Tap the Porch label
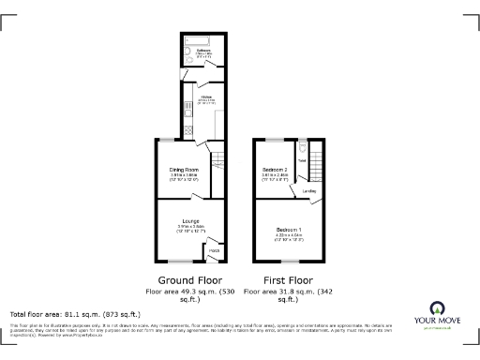[214, 250]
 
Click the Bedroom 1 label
[289, 230]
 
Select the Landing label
[308, 191]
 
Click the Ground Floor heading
[187, 279]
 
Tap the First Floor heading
[286, 279]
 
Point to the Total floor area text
[75, 313]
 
